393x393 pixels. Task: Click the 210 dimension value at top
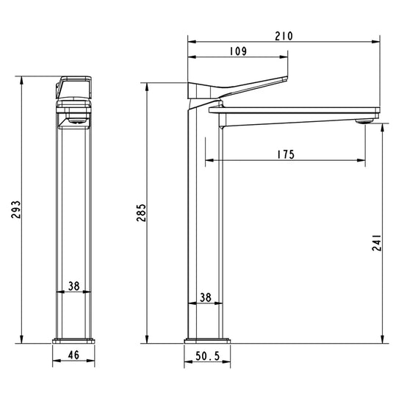(x=284, y=35)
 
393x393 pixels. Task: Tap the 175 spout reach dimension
(x=286, y=154)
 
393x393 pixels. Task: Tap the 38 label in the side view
(x=206, y=298)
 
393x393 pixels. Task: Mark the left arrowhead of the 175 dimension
(x=208, y=160)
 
